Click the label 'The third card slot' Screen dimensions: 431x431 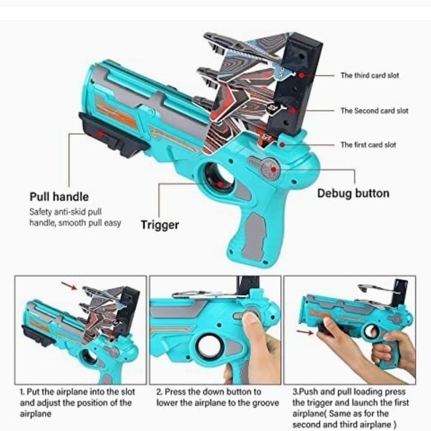370,75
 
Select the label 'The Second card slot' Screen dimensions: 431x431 374,111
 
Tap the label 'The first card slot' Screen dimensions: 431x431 368,145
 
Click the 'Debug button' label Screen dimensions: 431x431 353,193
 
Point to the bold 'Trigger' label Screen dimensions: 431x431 160,225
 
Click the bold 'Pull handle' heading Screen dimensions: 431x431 59,197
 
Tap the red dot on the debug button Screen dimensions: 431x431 273,169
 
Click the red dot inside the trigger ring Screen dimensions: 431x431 219,184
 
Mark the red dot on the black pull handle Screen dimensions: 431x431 101,134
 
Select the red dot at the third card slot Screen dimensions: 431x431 302,75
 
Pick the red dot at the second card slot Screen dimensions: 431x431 293,111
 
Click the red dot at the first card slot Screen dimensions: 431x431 283,145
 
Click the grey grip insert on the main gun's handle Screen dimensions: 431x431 255,236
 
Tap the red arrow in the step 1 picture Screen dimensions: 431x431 69,286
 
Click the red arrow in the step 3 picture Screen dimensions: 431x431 305,332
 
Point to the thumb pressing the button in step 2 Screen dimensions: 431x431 251,322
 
